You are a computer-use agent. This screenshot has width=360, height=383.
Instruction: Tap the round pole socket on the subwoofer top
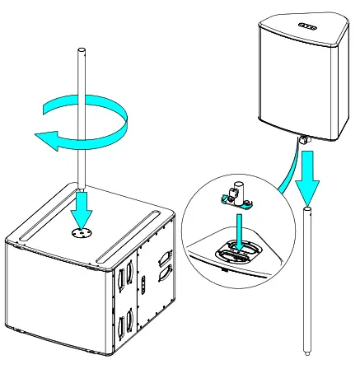(80, 233)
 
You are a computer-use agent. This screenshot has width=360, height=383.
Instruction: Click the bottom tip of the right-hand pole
(306, 355)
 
